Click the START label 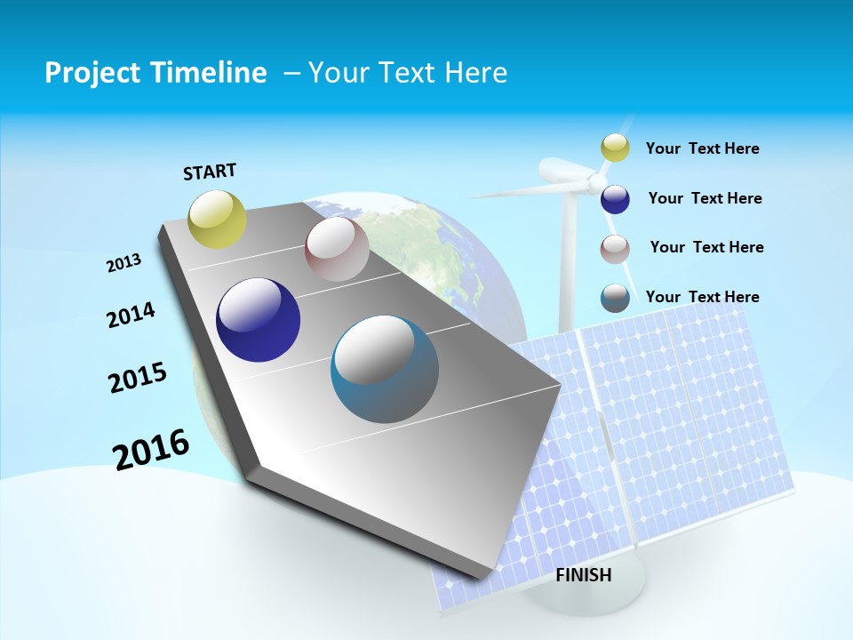click(x=210, y=172)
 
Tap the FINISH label click(x=583, y=575)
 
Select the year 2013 click(x=124, y=263)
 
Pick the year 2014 click(x=131, y=316)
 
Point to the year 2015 click(x=138, y=378)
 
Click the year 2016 click(x=151, y=450)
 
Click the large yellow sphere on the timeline click(x=218, y=219)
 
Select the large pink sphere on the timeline click(x=337, y=249)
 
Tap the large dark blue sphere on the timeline click(x=258, y=320)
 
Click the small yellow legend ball click(x=615, y=148)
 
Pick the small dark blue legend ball click(x=615, y=199)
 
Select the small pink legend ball click(x=615, y=249)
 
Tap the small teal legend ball click(x=615, y=298)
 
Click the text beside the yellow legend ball click(x=702, y=148)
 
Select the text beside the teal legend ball click(x=702, y=297)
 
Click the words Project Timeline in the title click(x=155, y=73)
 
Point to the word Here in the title click(x=475, y=73)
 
